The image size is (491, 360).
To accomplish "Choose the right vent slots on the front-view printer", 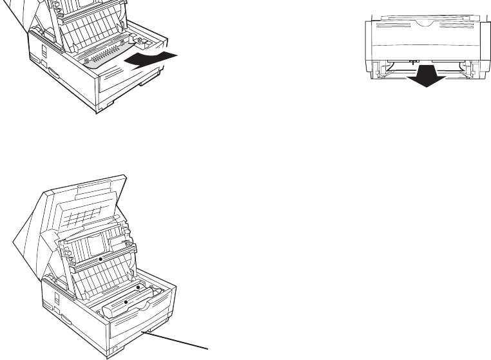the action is [461, 30].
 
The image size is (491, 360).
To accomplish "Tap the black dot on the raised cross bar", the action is [101, 256].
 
